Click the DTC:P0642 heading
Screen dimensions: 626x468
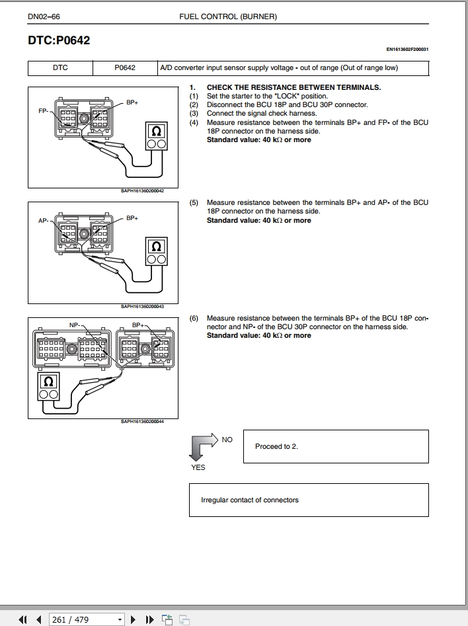[x=59, y=40]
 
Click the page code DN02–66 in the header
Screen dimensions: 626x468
[x=44, y=16]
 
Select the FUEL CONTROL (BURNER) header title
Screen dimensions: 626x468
[x=228, y=16]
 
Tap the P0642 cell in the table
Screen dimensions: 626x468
[x=125, y=67]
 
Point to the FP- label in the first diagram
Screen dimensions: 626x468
[x=44, y=111]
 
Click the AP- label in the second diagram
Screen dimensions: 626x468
[x=44, y=221]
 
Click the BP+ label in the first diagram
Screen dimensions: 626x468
[x=132, y=102]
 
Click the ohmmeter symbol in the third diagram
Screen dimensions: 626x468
[x=48, y=382]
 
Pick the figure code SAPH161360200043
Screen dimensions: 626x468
[x=142, y=306]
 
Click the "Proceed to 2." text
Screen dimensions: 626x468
[x=276, y=446]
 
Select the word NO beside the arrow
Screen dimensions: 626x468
[x=227, y=440]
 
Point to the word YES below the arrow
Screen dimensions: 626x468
[x=198, y=467]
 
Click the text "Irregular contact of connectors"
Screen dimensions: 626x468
[x=249, y=500]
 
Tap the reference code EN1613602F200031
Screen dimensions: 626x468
[x=407, y=49]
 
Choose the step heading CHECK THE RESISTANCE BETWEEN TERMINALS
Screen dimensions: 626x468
[x=293, y=87]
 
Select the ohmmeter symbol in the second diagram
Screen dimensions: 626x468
[x=157, y=247]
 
